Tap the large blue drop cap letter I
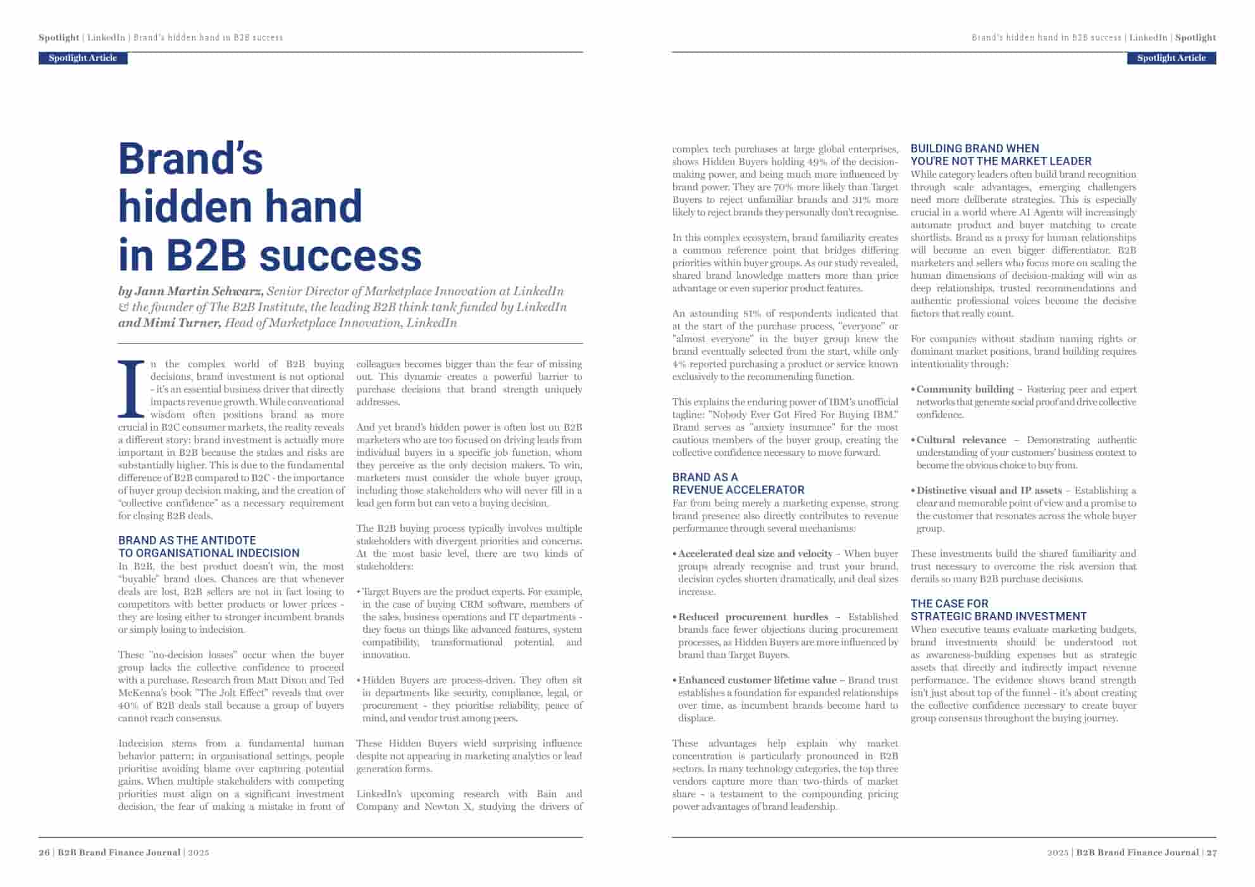(132, 388)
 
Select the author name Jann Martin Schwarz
(199, 291)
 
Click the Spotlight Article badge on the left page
(83, 58)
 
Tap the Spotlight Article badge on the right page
(1171, 58)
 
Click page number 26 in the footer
(44, 852)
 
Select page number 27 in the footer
(1211, 852)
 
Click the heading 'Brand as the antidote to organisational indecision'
(209, 547)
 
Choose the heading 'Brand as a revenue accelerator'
(738, 484)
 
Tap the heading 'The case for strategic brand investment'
(998, 610)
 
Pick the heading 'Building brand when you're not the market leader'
(1001, 155)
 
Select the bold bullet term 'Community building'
(965, 389)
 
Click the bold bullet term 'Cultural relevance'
(961, 440)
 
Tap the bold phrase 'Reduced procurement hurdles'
(753, 617)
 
